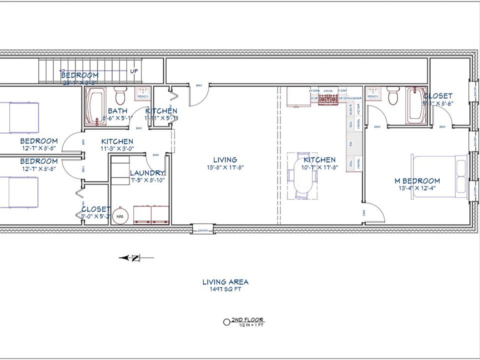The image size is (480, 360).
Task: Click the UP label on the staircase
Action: tap(134, 71)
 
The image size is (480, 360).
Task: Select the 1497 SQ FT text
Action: tap(225, 289)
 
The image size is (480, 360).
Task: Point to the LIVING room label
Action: tap(225, 160)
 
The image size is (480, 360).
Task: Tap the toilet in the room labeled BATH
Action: tap(120, 95)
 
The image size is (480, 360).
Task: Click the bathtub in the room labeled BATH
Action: tap(95, 106)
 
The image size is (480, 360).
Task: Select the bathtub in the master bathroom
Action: tap(414, 105)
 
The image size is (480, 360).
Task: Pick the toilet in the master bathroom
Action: tap(393, 95)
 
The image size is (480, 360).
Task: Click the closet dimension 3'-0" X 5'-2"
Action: tap(96, 216)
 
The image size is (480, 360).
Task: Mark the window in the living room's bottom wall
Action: tap(203, 230)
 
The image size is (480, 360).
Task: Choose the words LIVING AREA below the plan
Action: tap(225, 282)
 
